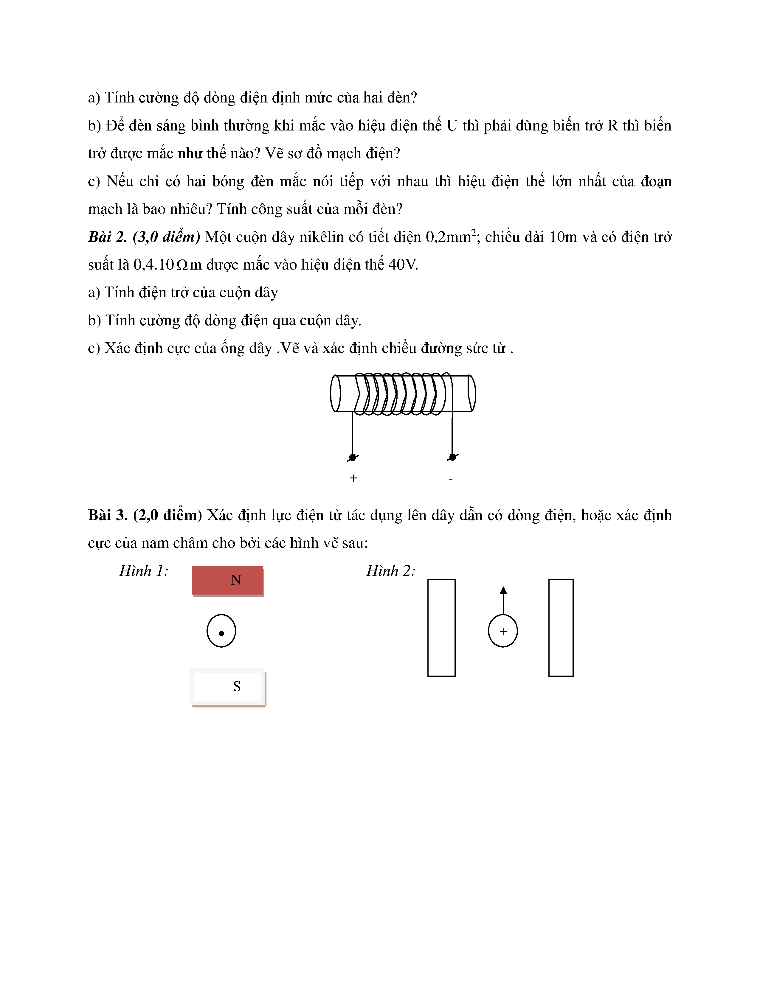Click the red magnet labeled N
tap(228, 580)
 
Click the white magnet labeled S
tap(228, 686)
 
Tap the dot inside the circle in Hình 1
tap(221, 633)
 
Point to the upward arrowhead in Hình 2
tap(503, 590)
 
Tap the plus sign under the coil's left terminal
tap(353, 478)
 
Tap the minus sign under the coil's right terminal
tap(451, 479)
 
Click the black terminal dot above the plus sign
tap(353, 457)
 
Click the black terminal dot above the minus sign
tap(452, 457)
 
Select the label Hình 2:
tap(391, 571)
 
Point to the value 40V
tap(403, 265)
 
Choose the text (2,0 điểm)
tap(167, 515)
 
